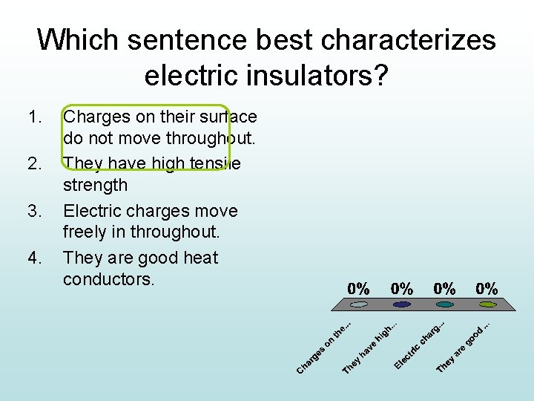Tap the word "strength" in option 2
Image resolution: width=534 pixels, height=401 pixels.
(x=96, y=186)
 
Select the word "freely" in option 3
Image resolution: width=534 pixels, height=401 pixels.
(x=85, y=232)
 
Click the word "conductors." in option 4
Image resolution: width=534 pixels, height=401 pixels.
(x=108, y=280)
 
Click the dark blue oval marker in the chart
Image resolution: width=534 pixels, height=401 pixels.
(x=402, y=304)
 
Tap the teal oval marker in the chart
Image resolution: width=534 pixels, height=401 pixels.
(x=445, y=304)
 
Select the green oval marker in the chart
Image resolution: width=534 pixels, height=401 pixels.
(x=487, y=304)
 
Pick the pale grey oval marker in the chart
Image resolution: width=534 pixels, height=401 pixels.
(x=359, y=304)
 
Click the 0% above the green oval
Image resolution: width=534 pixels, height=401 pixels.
(x=487, y=288)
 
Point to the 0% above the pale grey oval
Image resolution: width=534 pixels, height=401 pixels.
(x=359, y=288)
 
